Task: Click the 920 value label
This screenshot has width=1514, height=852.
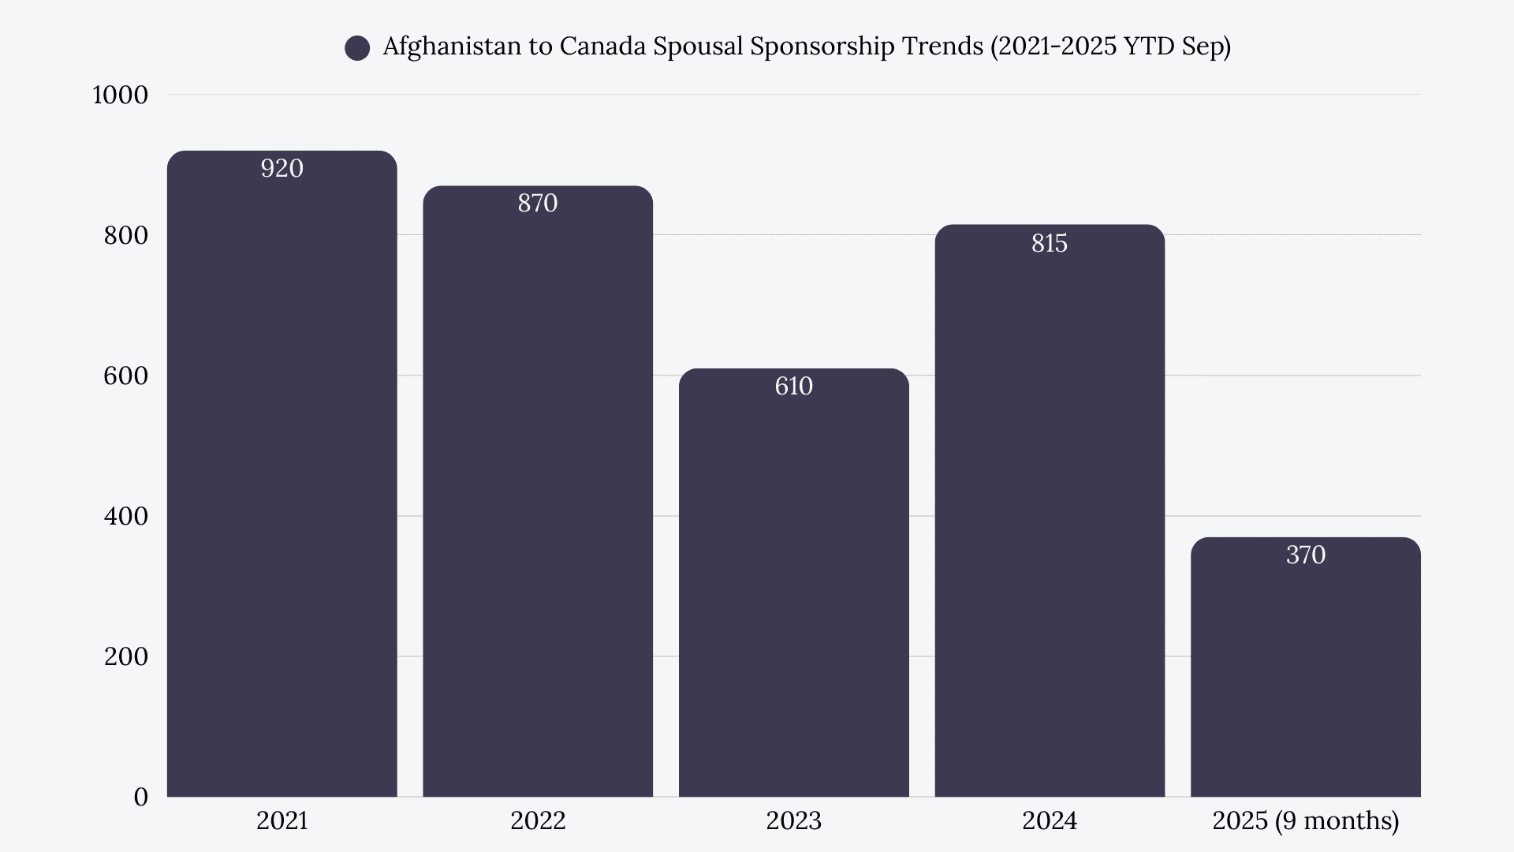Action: [x=282, y=168]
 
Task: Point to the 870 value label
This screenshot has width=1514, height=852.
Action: [x=538, y=204]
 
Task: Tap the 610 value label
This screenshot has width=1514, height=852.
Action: [x=793, y=386]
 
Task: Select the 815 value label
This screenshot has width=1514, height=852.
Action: [x=1050, y=243]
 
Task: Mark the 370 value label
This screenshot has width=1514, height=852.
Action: [x=1305, y=555]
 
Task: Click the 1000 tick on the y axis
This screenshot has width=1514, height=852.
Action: [x=120, y=95]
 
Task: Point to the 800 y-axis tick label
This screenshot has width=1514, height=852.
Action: [x=125, y=235]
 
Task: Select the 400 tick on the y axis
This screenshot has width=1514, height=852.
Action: [x=125, y=516]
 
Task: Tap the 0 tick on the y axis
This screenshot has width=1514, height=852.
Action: [x=140, y=797]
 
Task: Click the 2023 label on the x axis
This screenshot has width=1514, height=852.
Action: [x=793, y=821]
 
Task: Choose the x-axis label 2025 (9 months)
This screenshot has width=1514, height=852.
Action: [x=1305, y=821]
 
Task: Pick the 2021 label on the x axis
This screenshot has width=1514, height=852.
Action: [x=282, y=821]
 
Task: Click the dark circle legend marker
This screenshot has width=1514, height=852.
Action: [x=357, y=48]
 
